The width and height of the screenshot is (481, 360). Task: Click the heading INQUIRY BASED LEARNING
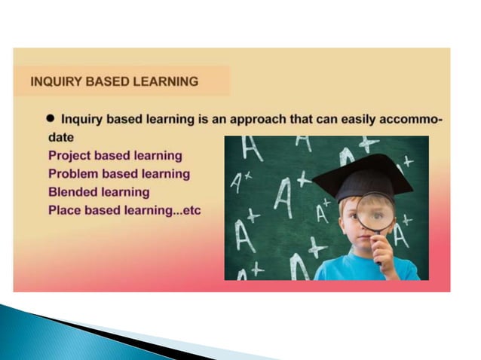115,81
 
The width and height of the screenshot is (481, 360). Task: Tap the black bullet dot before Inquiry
51,119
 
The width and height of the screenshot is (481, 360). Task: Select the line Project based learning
115,156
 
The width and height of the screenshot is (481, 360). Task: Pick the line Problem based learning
118,174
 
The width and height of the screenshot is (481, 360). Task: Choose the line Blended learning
99,192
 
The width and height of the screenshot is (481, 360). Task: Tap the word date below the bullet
61,138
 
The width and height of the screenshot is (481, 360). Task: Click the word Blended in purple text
73,192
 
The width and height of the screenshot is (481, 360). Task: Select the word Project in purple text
71,156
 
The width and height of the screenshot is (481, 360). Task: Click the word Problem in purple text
74,174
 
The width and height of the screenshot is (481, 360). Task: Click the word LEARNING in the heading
167,81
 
